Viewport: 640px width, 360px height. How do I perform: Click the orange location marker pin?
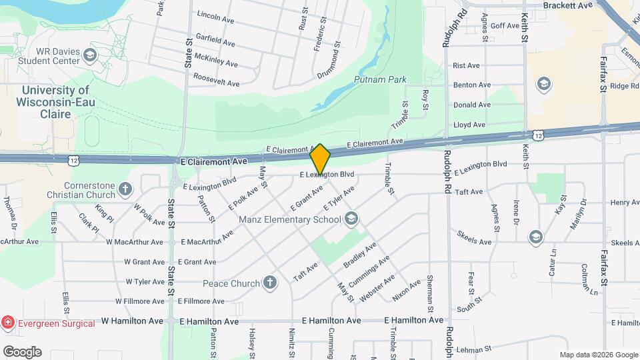tap(321, 159)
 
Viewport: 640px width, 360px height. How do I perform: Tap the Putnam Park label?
tap(380, 79)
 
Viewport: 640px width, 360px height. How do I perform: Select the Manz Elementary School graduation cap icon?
tap(352, 219)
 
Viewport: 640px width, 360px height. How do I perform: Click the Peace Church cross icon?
tap(270, 283)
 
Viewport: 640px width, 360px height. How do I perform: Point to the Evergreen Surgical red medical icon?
tap(7, 322)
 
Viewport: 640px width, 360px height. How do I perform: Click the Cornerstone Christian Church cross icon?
tap(125, 190)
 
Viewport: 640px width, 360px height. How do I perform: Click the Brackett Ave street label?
tap(567, 5)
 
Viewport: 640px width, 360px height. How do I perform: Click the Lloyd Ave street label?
tap(469, 125)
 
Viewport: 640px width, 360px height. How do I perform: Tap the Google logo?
tap(22, 351)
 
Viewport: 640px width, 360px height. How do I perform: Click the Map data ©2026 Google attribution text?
tap(599, 355)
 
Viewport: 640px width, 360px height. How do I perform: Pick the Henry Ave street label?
tap(625, 202)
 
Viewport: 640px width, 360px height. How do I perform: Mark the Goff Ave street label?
tap(504, 26)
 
